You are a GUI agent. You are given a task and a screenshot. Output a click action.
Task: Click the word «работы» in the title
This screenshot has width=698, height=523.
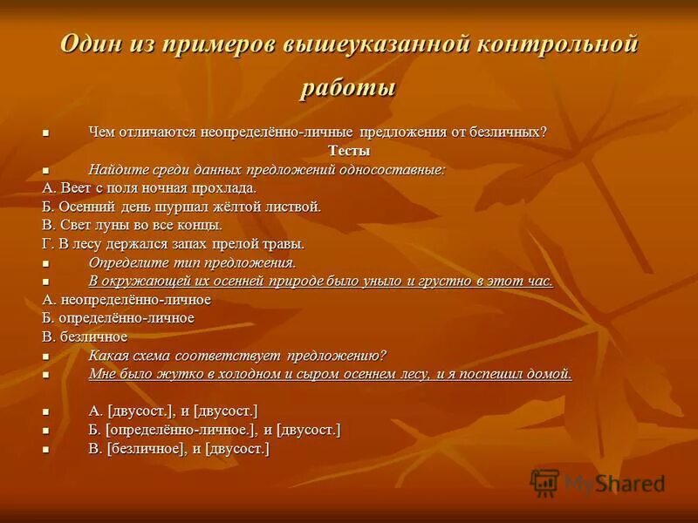tap(349, 88)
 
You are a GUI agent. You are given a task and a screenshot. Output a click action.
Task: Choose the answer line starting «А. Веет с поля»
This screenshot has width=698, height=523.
tap(149, 187)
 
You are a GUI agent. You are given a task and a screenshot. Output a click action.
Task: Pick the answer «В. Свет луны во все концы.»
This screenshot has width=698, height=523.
tap(132, 225)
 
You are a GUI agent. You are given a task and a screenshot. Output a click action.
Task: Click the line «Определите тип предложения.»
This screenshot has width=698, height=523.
tap(192, 262)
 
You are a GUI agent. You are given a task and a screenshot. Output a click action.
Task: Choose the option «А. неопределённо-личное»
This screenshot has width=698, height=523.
tap(127, 300)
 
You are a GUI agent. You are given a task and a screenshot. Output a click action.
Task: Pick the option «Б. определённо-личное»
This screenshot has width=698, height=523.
tap(118, 318)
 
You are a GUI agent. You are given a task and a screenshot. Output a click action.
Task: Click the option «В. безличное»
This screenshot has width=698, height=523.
tap(85, 336)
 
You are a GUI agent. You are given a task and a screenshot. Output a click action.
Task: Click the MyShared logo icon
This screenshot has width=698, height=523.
tap(545, 482)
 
